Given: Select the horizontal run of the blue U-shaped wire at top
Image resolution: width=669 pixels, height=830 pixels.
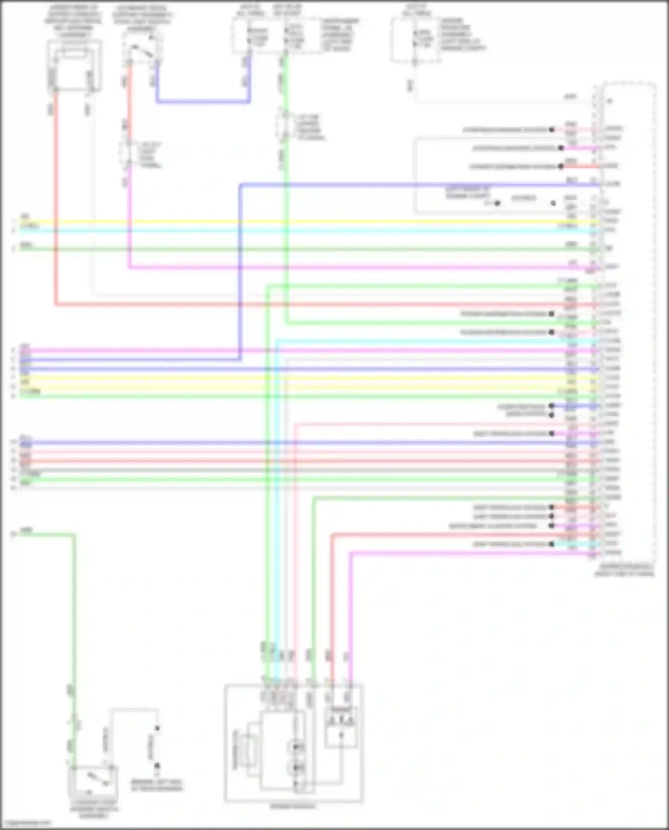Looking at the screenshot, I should point(203,102).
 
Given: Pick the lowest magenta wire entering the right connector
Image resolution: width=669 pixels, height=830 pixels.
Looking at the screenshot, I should point(468,553).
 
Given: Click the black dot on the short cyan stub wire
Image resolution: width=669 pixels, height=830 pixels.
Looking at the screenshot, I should point(552,544).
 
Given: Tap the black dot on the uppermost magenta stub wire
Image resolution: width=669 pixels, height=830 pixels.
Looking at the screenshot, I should point(561,148).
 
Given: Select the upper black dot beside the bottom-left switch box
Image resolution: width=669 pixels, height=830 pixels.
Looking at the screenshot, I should point(157,728).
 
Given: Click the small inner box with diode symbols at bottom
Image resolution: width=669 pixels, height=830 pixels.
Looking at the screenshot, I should point(341,727).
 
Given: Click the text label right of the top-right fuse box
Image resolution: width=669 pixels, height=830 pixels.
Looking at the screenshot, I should point(462,34).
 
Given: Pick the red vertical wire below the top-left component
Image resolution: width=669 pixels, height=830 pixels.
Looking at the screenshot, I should point(56,201).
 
